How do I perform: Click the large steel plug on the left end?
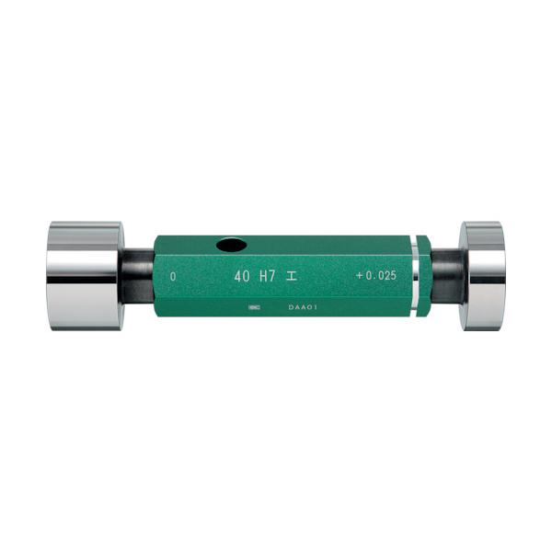pyautogui.click(x=84, y=275)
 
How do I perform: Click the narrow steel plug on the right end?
pyautogui.click(x=483, y=275)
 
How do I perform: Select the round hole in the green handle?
pyautogui.click(x=231, y=246)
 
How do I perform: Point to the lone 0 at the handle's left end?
pyautogui.click(x=173, y=276)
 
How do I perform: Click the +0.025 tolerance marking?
pyautogui.click(x=374, y=276)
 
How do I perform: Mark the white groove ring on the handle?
pyautogui.click(x=416, y=275)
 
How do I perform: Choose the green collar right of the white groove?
pyautogui.click(x=424, y=275)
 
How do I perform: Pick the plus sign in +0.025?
pyautogui.click(x=357, y=276)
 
